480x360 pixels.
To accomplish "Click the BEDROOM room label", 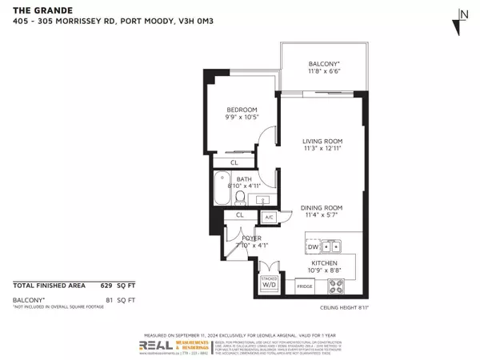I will [241, 110].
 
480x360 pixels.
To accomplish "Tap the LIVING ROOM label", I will [322, 145].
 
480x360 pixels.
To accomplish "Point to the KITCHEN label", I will [324, 263].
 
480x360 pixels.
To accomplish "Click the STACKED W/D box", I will [269, 282].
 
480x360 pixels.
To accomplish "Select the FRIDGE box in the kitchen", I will [305, 286].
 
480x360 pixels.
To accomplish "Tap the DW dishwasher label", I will [313, 247].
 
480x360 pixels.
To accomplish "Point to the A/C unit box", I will [269, 217].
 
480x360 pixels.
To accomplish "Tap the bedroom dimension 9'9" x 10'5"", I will [241, 118].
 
